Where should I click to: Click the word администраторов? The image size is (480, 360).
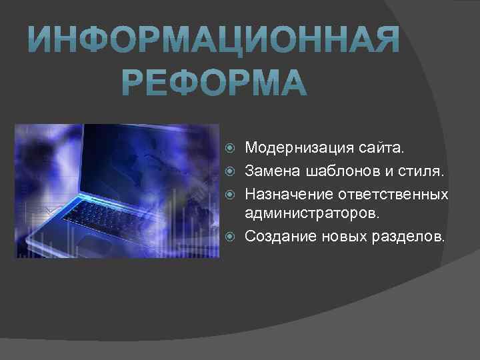click(x=311, y=214)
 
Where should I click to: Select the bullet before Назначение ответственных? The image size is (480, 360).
click(x=231, y=195)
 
